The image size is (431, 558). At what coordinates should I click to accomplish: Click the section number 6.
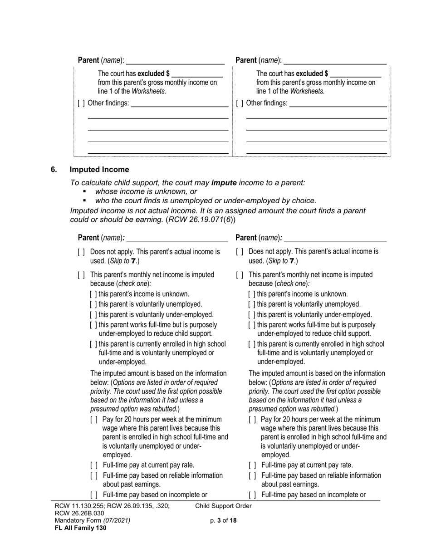click(54, 170)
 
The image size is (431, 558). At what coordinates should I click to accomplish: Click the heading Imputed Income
click(99, 170)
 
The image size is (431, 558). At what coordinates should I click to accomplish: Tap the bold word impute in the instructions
click(224, 183)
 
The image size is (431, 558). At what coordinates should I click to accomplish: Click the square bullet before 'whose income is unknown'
click(84, 192)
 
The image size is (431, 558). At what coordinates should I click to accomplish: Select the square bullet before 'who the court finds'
click(84, 201)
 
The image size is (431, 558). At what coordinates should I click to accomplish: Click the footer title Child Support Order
click(223, 506)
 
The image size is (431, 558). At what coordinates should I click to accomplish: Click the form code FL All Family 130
click(80, 528)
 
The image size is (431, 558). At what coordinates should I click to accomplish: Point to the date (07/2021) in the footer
click(117, 520)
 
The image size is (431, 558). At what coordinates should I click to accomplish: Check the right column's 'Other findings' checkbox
click(239, 103)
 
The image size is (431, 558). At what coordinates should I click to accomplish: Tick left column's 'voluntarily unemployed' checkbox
click(93, 304)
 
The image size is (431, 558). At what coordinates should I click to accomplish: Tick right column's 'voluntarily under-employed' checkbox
click(251, 315)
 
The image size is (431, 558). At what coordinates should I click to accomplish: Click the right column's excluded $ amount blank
click(356, 73)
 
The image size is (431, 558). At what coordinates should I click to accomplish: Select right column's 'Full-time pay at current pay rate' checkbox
click(252, 465)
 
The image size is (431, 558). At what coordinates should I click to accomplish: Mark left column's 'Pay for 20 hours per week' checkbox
click(94, 420)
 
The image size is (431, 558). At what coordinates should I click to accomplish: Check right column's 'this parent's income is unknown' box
click(251, 294)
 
